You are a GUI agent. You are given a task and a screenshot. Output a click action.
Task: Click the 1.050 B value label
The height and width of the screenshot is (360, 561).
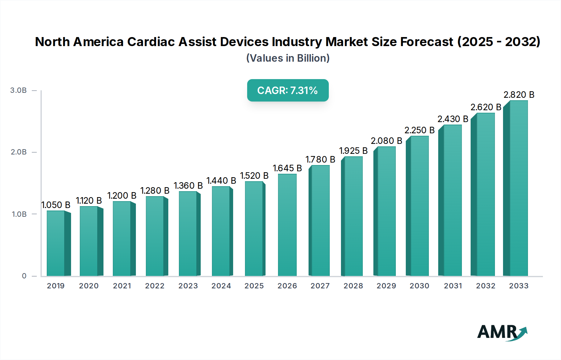(x=56, y=205)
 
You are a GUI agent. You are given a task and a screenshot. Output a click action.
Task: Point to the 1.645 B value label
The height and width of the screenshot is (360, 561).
(x=287, y=168)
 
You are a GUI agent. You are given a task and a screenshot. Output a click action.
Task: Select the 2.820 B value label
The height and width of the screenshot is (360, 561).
(x=519, y=95)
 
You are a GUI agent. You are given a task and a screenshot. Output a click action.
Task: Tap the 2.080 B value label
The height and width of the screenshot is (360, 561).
(x=386, y=141)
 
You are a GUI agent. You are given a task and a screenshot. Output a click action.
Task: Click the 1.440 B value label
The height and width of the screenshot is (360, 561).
(x=221, y=181)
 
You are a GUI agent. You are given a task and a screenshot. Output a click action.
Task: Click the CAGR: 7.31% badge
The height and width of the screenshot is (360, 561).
(x=288, y=90)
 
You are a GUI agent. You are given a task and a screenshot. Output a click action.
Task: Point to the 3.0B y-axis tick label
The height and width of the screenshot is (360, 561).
(x=18, y=90)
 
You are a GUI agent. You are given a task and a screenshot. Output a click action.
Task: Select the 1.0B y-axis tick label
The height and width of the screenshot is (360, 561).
(x=19, y=214)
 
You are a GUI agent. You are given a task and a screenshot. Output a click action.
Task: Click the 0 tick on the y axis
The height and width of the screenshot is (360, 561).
(x=24, y=276)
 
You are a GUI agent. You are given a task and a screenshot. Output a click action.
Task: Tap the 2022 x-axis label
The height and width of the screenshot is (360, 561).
(x=155, y=286)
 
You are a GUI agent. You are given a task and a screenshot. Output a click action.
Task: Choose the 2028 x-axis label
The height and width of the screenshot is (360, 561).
(x=353, y=286)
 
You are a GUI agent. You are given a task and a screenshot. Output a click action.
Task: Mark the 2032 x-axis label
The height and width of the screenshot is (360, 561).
(x=486, y=286)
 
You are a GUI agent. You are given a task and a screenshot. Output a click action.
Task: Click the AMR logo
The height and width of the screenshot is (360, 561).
(x=502, y=332)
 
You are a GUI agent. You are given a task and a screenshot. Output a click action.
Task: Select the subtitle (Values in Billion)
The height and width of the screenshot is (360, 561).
(x=288, y=58)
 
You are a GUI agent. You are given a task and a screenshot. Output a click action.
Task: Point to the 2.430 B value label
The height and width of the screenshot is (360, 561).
(x=453, y=119)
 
